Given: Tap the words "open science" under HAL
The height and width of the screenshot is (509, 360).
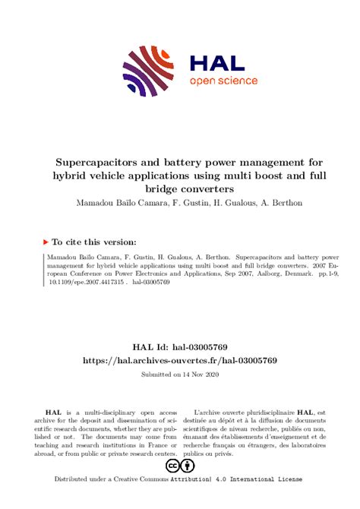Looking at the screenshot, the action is pos(223,81).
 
